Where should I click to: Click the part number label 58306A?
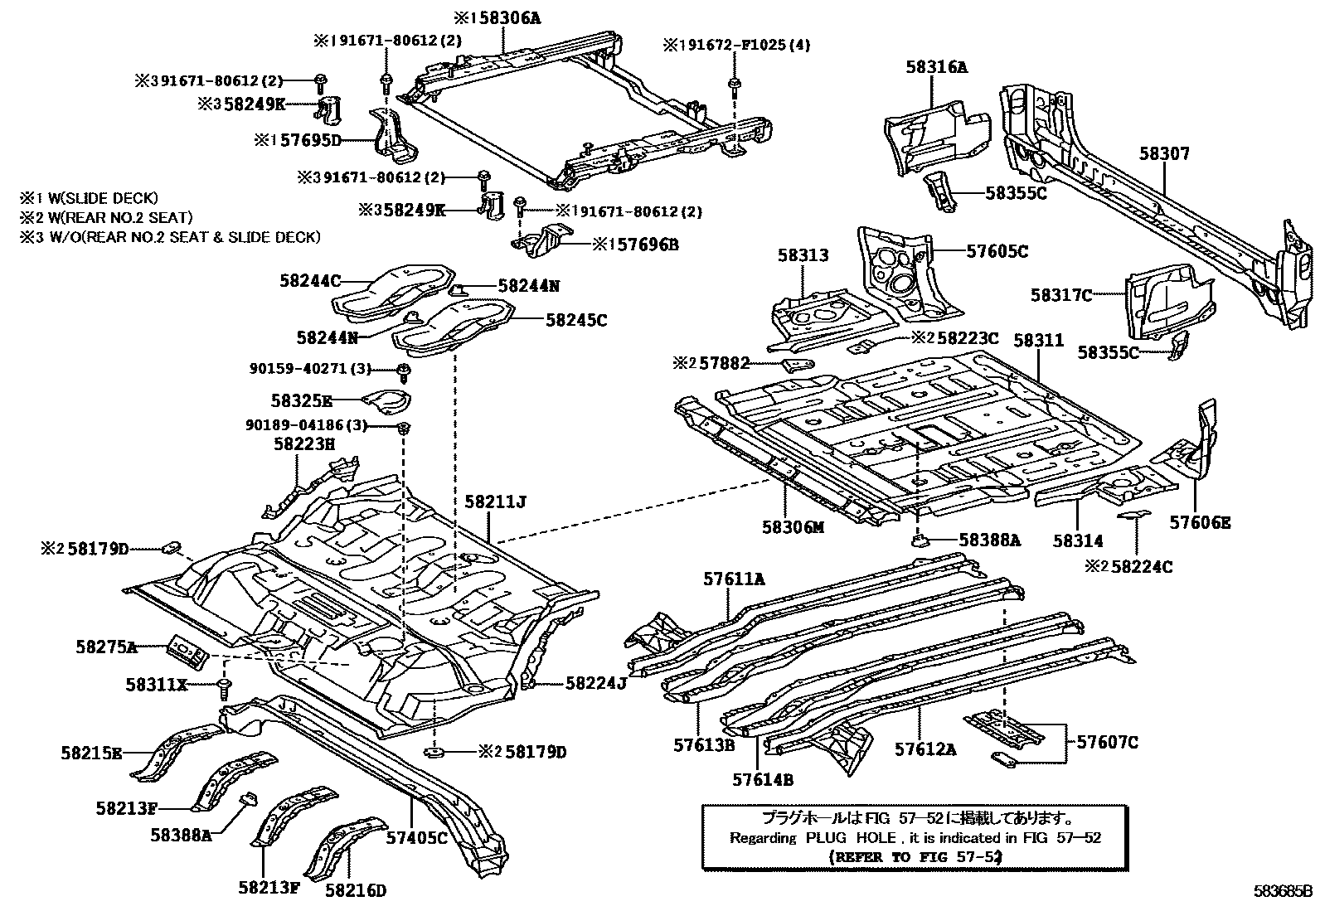coord(505,17)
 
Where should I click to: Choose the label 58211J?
coord(495,502)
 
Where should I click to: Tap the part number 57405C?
coord(416,837)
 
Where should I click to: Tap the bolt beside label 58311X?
coord(224,687)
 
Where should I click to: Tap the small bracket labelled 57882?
coord(795,365)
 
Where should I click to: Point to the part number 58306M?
coord(793,526)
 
